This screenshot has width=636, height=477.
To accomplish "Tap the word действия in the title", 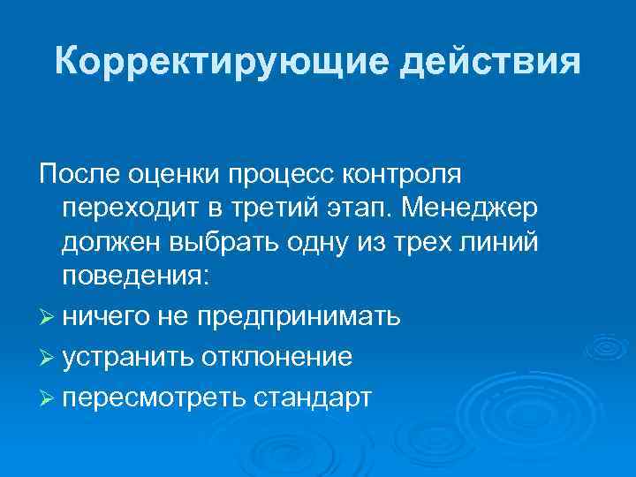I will (491, 63).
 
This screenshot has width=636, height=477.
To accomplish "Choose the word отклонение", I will (278, 357).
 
